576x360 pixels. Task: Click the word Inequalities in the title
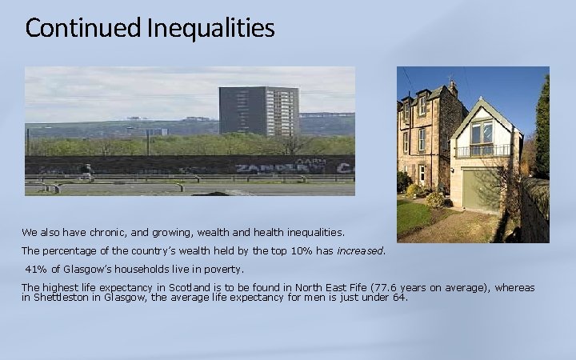pyautogui.click(x=210, y=29)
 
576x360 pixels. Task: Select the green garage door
pyautogui.click(x=482, y=188)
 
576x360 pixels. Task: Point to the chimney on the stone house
pyautogui.click(x=452, y=86)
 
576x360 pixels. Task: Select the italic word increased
pyautogui.click(x=360, y=250)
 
